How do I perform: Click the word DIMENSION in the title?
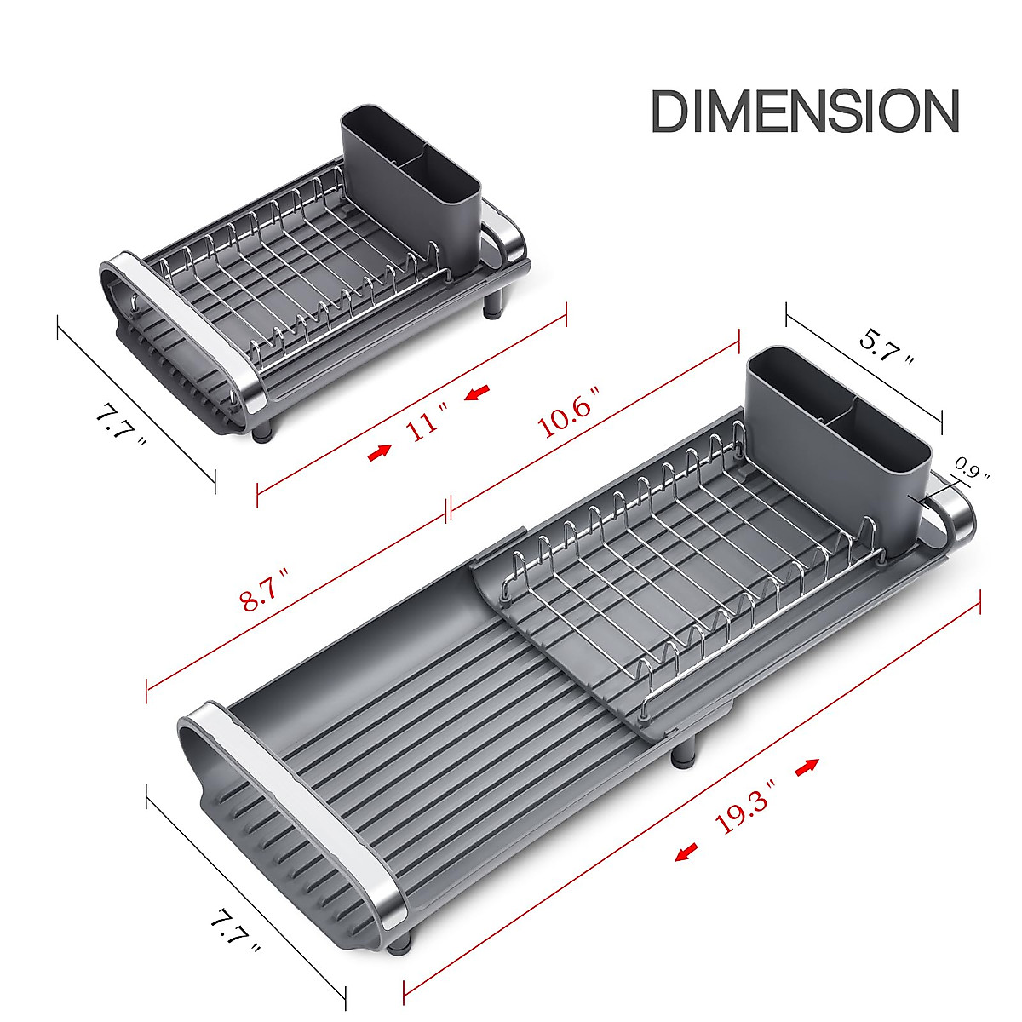(805, 112)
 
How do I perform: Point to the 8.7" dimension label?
(267, 589)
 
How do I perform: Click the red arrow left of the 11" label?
(380, 452)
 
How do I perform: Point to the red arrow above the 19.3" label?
(807, 766)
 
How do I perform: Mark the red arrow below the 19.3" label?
(686, 853)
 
